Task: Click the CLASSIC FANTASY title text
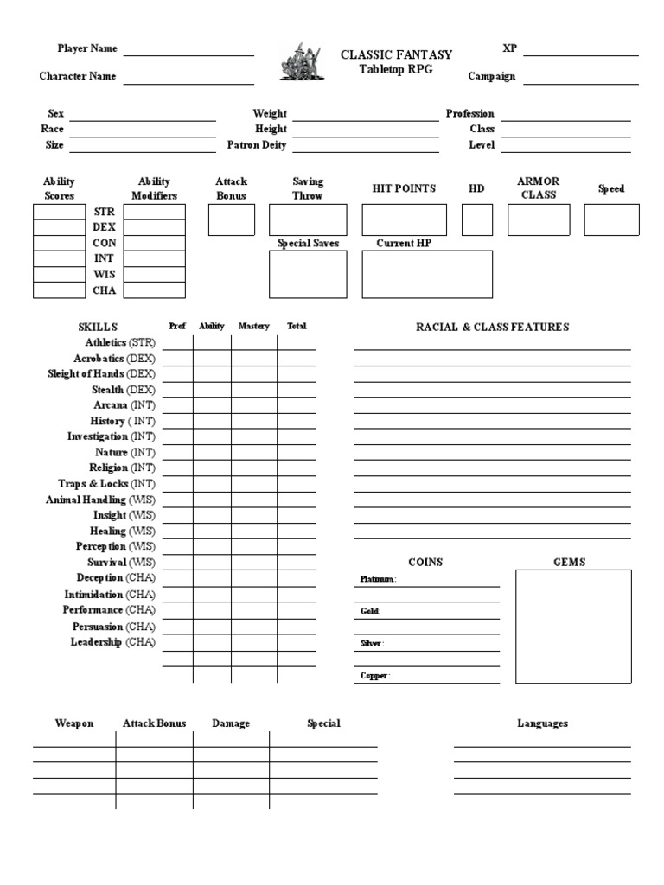396,54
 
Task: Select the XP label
509,48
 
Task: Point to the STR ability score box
59,212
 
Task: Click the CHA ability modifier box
154,290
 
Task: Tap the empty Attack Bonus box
232,220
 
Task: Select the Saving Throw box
308,220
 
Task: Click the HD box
477,220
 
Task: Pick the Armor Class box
539,220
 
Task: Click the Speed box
611,220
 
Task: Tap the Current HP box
427,275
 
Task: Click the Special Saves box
308,275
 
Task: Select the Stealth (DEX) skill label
124,390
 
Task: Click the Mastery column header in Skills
254,327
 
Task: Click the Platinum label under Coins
378,579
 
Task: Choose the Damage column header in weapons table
231,723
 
